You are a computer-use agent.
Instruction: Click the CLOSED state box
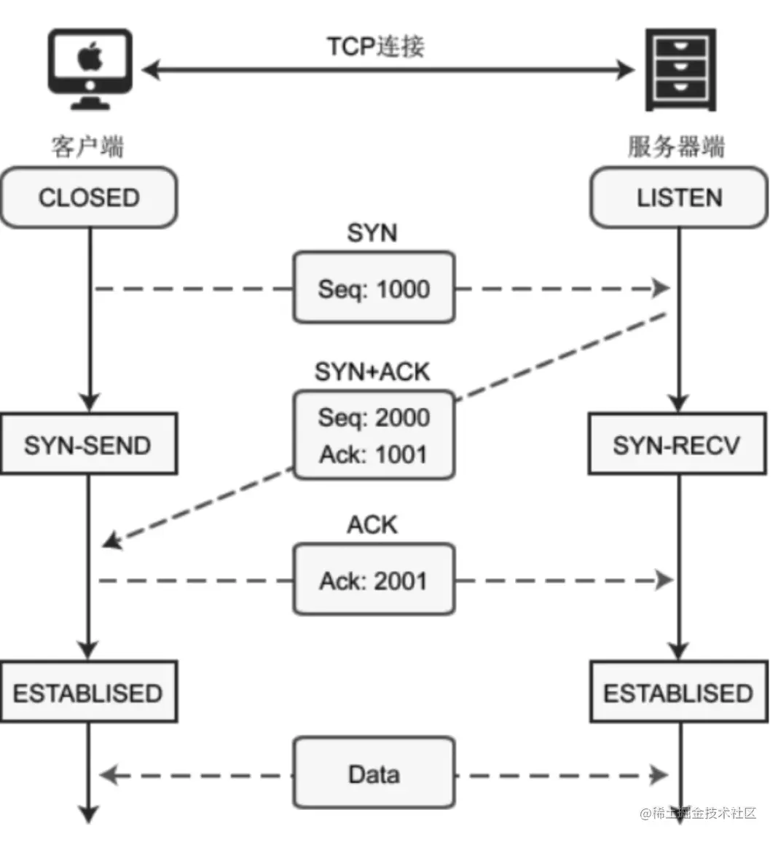(x=89, y=197)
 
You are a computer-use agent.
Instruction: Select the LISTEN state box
(x=679, y=197)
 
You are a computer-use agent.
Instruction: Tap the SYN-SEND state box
(x=89, y=444)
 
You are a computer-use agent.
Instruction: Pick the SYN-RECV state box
(x=677, y=444)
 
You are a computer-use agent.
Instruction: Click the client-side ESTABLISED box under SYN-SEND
(x=89, y=692)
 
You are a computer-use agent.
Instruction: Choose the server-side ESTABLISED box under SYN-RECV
(x=679, y=692)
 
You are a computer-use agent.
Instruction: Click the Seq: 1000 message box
(x=374, y=287)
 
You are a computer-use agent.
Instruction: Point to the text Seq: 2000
(x=374, y=417)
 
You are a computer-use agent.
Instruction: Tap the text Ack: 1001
(x=374, y=455)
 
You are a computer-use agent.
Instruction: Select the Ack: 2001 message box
(x=374, y=579)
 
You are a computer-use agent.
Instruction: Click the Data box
(x=374, y=773)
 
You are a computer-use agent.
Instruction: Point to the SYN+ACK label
(x=373, y=371)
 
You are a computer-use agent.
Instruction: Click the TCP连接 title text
(x=377, y=46)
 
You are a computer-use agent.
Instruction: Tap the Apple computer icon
(x=90, y=69)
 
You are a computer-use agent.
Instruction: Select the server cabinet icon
(x=680, y=70)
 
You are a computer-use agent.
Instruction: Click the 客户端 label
(x=87, y=146)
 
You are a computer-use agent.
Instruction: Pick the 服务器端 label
(x=677, y=146)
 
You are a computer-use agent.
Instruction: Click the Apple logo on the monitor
(x=90, y=56)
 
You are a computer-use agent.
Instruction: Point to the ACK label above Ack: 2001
(x=373, y=524)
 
